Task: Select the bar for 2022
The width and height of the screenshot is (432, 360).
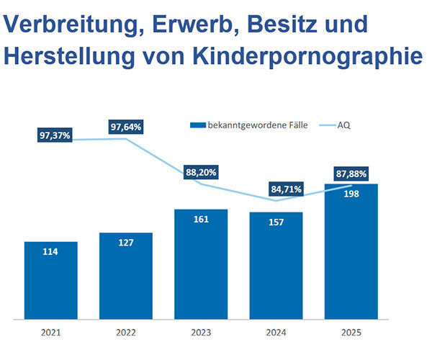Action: point(126,275)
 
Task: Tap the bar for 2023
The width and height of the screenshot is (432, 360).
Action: point(201,264)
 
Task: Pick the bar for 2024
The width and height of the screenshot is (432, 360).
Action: point(276,265)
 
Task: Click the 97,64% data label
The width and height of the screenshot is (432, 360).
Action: point(127,127)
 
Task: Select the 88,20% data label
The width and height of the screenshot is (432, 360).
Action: point(201,173)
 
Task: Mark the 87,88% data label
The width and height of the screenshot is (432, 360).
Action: point(351,174)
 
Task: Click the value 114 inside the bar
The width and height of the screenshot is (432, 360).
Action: point(50,251)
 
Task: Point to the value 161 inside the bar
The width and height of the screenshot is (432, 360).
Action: point(201,219)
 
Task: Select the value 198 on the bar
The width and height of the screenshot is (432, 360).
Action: point(351,193)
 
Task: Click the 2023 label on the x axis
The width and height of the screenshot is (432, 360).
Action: point(201,334)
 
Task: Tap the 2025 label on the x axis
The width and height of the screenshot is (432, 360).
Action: point(351,334)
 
